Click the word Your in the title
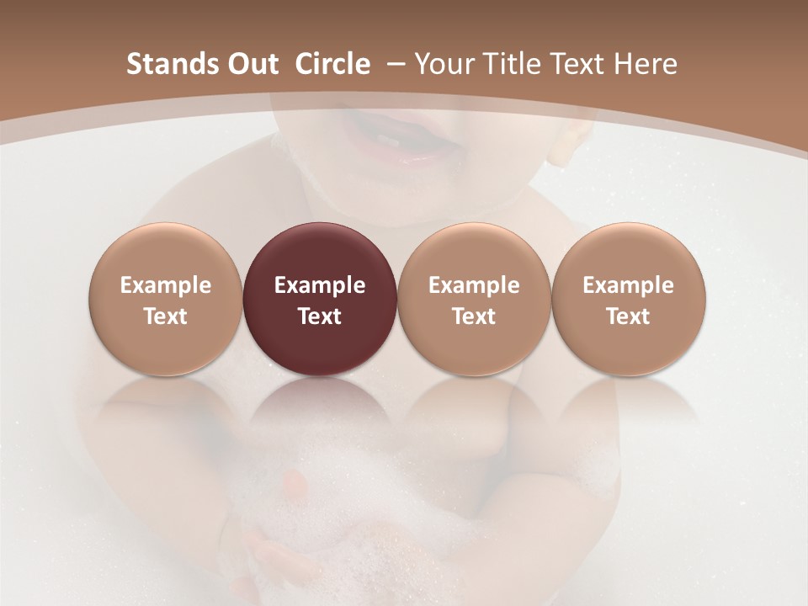click(441, 65)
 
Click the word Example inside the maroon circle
click(320, 285)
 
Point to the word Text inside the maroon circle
click(320, 316)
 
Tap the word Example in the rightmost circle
click(628, 285)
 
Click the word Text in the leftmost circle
click(165, 316)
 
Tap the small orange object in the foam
click(295, 481)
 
